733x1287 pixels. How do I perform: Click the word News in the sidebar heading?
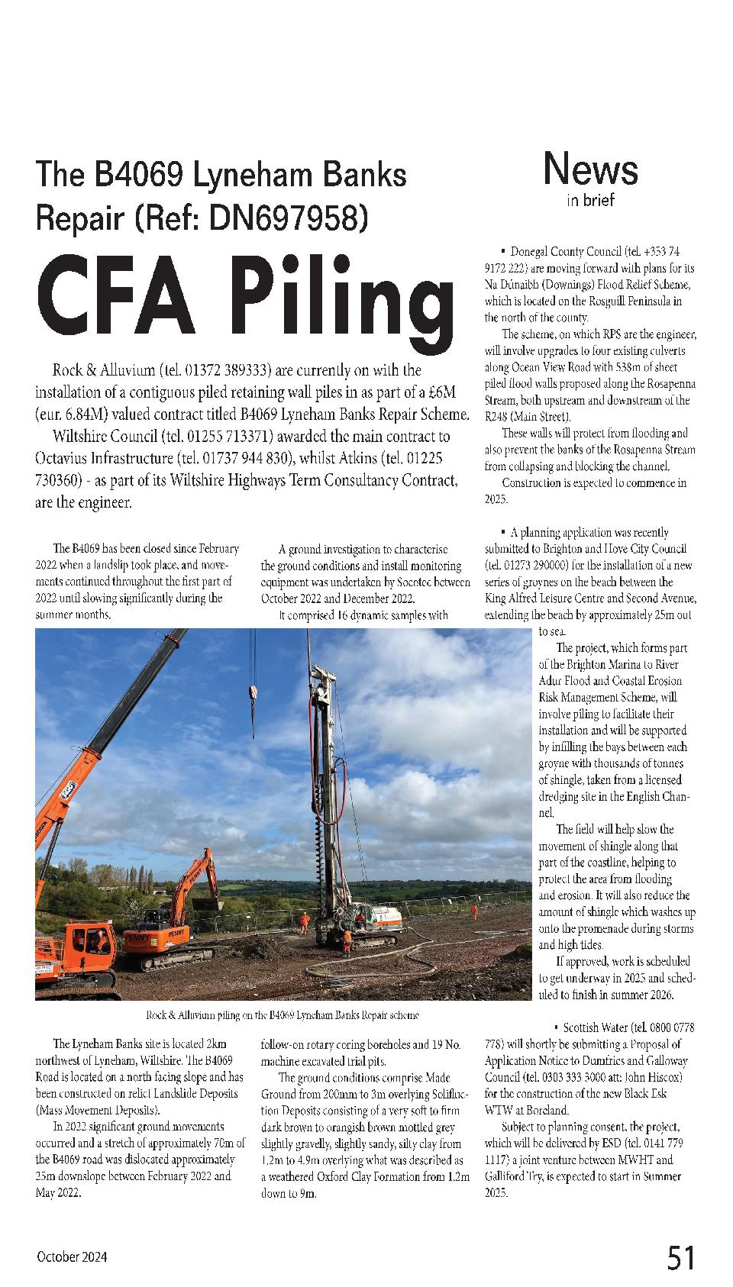pyautogui.click(x=590, y=169)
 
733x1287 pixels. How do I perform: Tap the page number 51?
pyautogui.click(x=681, y=1257)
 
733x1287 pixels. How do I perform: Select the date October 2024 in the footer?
pyautogui.click(x=72, y=1257)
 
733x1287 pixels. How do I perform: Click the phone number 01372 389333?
pyautogui.click(x=229, y=371)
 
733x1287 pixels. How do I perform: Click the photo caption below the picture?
pyautogui.click(x=282, y=1015)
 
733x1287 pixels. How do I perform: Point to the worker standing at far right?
pyautogui.click(x=474, y=911)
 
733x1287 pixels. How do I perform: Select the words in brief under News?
pyautogui.click(x=590, y=201)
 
